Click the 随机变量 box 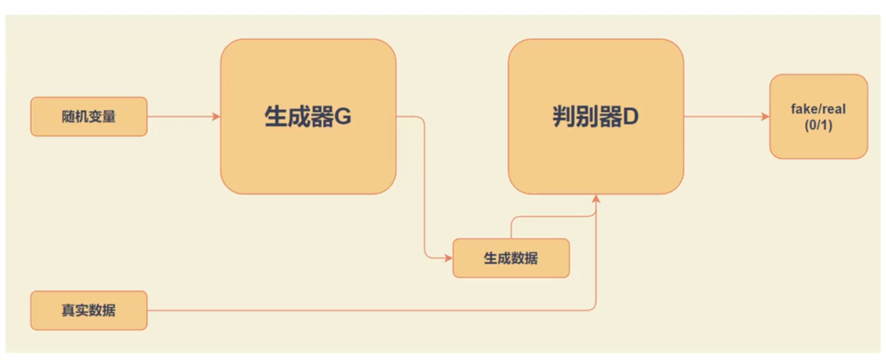(88, 116)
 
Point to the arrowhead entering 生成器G (217, 116)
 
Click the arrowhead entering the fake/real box (765, 116)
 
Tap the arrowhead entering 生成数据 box (448, 258)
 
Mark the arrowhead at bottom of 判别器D (596, 199)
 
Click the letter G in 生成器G (343, 117)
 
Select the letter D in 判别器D (630, 117)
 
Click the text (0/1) (818, 125)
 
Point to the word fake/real (818, 109)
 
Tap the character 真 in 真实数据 (68, 310)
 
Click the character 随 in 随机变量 (68, 116)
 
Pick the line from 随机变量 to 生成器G (182, 116)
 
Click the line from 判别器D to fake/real (725, 116)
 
